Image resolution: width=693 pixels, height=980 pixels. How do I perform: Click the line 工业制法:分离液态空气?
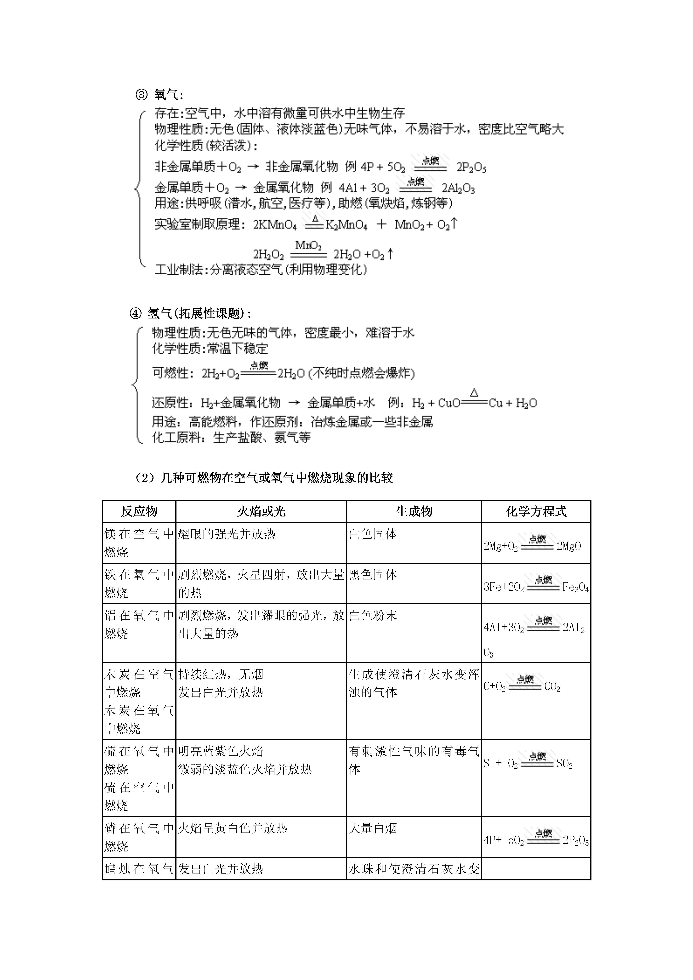[261, 270]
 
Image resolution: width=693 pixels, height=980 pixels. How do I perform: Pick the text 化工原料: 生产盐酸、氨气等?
[231, 437]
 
